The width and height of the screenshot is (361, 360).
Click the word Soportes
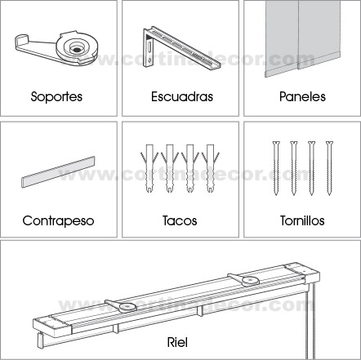click(56, 97)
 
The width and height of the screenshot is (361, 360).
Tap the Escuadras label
click(182, 96)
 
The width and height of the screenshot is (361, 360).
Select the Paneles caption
click(302, 96)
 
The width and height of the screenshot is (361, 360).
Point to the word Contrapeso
click(58, 220)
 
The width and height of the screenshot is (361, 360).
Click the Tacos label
click(180, 220)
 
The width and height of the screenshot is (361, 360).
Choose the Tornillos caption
click(302, 220)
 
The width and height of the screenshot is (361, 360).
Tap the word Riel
click(177, 342)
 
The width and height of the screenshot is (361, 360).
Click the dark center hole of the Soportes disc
click(76, 50)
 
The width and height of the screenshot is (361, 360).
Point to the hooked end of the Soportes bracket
click(22, 42)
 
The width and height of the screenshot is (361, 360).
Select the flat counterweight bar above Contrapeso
click(58, 172)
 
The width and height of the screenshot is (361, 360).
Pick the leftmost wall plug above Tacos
click(149, 169)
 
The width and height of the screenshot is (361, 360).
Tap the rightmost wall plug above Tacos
click(210, 169)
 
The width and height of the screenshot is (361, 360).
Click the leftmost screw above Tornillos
click(276, 168)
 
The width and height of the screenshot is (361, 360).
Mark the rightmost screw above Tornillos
click(329, 168)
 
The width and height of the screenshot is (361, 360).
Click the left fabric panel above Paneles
click(282, 38)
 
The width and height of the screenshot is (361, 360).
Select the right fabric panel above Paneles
click(319, 34)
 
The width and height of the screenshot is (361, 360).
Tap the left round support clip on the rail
click(122, 306)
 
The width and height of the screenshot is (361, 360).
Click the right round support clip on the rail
click(244, 280)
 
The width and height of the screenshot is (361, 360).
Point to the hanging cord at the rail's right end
click(310, 321)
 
